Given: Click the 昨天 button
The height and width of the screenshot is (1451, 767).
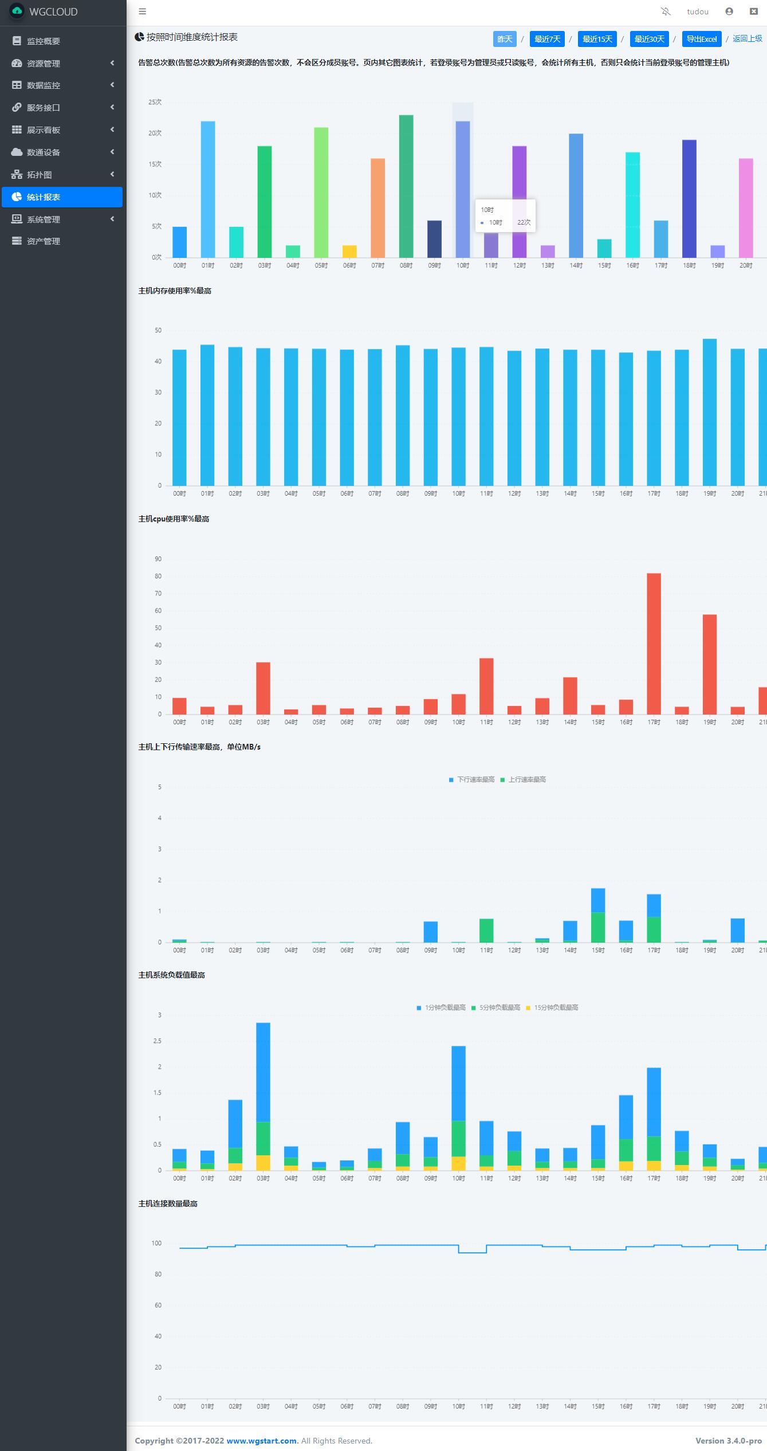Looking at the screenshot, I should [504, 39].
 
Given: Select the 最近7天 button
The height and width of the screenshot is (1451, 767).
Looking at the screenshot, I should [547, 39].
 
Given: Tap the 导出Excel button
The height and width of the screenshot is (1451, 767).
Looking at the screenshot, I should [701, 39].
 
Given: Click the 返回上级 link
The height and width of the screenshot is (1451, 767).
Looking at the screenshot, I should [747, 38].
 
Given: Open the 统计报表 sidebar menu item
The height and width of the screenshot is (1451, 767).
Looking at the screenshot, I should [62, 197].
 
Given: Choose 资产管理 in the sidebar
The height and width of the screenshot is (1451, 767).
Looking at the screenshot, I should [44, 241].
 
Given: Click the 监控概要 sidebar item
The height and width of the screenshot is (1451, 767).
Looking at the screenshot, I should [44, 41].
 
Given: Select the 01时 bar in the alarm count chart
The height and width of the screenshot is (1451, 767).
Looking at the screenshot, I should [208, 189].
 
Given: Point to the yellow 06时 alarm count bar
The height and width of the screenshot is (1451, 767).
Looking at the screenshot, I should [349, 252].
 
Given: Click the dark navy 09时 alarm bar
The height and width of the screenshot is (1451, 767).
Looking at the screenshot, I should [434, 239].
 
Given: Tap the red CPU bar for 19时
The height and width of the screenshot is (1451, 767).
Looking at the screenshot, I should [710, 664].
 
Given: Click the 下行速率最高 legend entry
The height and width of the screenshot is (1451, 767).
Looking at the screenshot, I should [472, 779].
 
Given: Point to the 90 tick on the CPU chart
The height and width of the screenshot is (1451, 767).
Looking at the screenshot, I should [158, 559].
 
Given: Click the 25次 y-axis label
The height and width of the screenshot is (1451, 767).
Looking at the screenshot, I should [155, 102].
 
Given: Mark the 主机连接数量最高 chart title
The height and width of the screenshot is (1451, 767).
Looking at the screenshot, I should [168, 1203].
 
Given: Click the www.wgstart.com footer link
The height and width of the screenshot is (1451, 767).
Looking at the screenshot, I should [261, 1441].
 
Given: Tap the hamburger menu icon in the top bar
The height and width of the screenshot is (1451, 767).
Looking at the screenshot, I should [143, 11].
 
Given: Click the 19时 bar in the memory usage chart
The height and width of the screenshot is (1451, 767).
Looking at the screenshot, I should [710, 412].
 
